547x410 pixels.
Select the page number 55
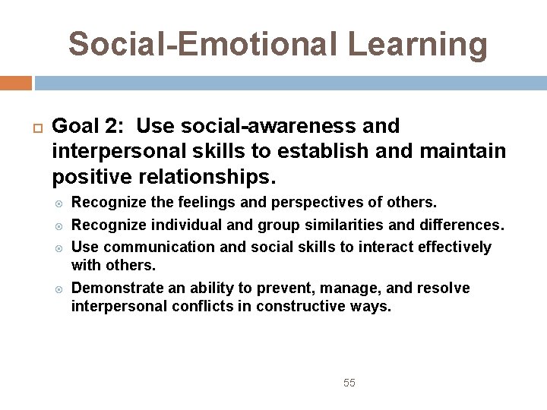coord(349,383)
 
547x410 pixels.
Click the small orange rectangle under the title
coord(15,83)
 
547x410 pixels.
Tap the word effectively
coord(451,247)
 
